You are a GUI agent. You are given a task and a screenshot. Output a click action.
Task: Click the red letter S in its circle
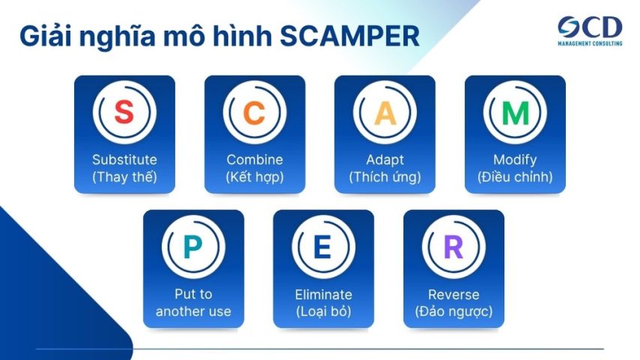pos(124,113)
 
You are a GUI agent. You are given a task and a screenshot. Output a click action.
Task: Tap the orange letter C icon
pos(255,113)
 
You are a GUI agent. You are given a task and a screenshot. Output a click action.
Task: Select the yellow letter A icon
pos(384,113)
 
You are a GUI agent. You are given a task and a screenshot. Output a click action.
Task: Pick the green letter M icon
pos(515,113)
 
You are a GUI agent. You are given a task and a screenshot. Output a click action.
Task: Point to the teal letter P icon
pos(193,247)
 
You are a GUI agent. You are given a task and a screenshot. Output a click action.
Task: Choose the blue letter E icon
pos(323,247)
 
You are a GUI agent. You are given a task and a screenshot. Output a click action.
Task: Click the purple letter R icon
pos(453,247)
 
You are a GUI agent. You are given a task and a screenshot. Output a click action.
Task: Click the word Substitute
pos(124,160)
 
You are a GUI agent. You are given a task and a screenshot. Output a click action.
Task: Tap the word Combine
pos(255,160)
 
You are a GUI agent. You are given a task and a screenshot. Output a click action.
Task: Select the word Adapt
pos(384,160)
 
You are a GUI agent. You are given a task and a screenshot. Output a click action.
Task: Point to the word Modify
pos(515,160)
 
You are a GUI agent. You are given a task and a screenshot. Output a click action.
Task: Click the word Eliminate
pos(323,295)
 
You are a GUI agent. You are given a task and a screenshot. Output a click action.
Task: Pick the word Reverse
pos(453,295)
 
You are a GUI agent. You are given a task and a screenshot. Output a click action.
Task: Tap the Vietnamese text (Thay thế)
pos(124,178)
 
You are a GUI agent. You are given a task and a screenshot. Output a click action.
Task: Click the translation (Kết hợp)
pos(255,178)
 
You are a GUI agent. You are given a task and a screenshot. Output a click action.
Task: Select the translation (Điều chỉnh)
pos(515,178)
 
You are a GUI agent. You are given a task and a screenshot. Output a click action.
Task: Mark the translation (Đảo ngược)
pos(453,312)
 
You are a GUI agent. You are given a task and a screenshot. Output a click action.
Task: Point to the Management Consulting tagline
pos(589,44)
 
